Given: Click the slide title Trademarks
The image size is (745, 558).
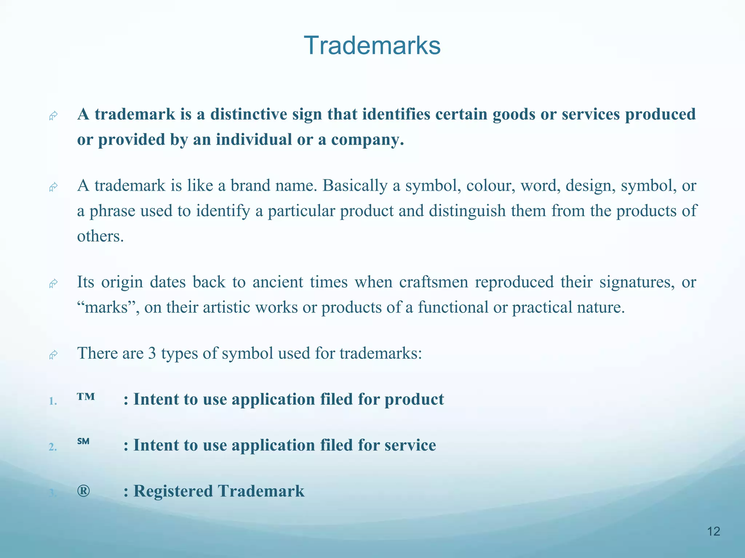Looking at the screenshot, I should [372, 46].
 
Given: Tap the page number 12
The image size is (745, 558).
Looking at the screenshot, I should [713, 531].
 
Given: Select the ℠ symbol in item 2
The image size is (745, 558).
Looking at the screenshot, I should [83, 441].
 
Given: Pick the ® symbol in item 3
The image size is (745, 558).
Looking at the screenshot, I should [83, 491].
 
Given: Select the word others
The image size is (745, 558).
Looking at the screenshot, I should [100, 236].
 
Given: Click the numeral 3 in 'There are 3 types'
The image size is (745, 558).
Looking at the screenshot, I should [152, 353].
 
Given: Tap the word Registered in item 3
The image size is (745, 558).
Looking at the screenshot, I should [173, 491].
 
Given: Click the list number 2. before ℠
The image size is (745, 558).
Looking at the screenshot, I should [53, 447].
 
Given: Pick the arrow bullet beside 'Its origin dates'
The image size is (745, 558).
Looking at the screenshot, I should [53, 283].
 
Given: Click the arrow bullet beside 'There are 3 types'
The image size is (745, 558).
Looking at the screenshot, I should [53, 355].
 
